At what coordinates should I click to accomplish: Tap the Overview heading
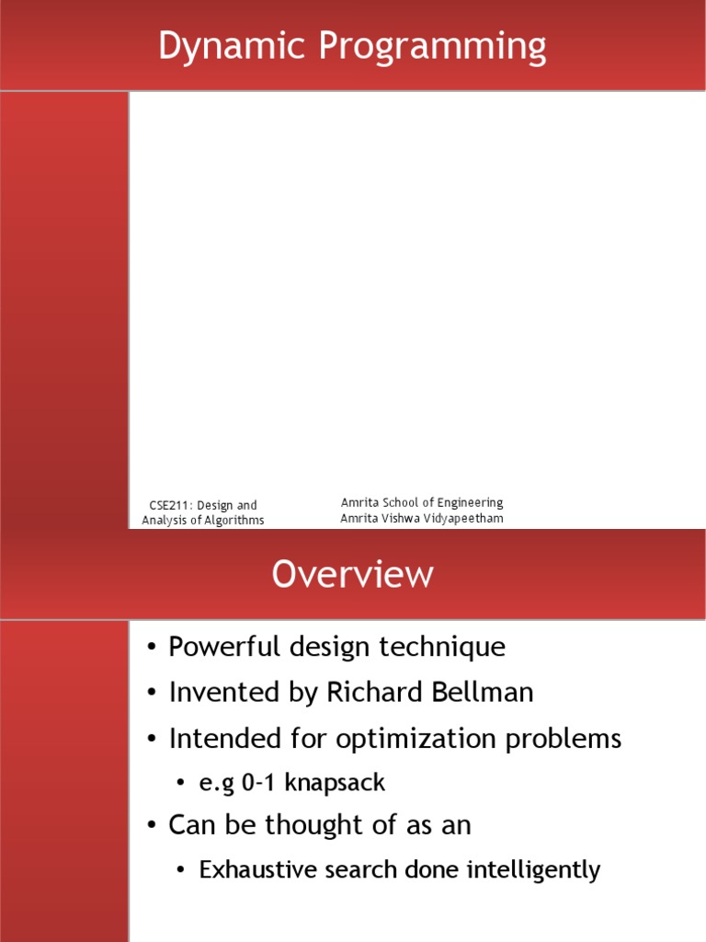point(352,574)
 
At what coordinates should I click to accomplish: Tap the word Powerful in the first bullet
point(213,647)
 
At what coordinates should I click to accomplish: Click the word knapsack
point(334,783)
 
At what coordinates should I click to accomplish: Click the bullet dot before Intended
point(152,739)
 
